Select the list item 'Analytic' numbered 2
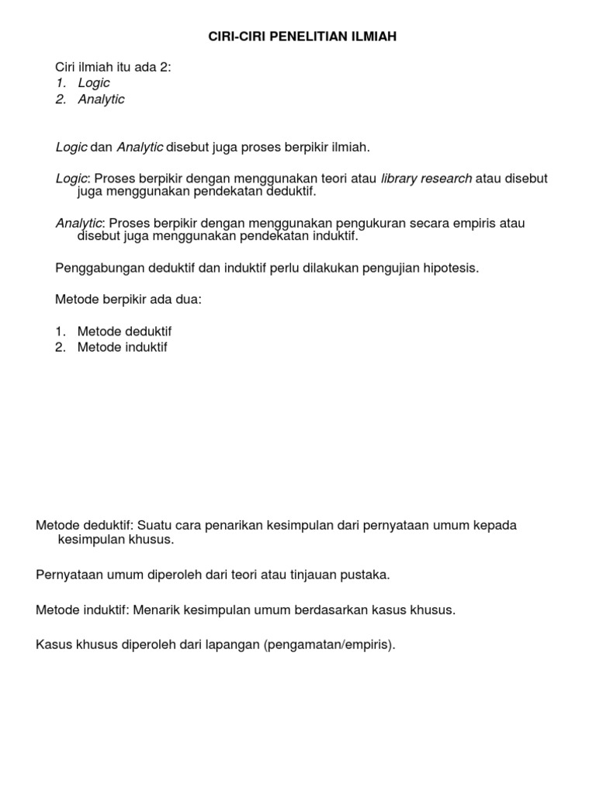point(101,99)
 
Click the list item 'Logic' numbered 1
point(94,83)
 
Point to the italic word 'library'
point(400,179)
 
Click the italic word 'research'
point(446,179)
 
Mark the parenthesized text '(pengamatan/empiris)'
point(329,644)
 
